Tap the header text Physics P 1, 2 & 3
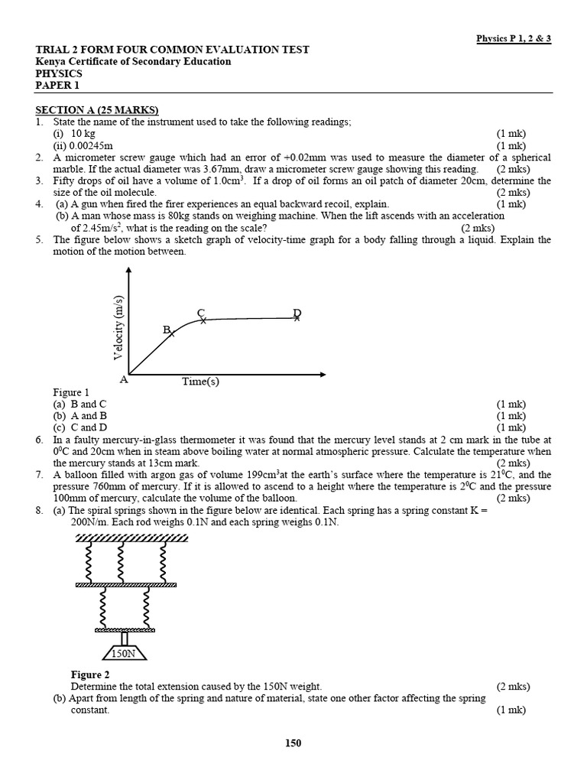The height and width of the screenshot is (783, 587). [514, 37]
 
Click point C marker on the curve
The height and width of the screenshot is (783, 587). [203, 320]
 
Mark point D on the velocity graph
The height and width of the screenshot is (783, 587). [297, 317]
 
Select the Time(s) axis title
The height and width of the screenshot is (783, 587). [200, 382]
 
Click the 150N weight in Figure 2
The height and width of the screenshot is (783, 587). [124, 654]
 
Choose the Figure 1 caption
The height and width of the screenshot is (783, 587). [71, 393]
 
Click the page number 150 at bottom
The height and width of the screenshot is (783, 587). [293, 742]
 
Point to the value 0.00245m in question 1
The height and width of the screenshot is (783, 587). [92, 145]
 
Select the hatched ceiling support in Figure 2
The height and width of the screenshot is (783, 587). [131, 538]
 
